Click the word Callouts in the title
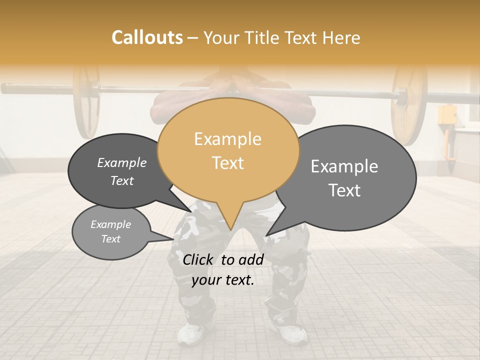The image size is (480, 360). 147,37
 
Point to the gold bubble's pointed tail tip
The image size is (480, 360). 230,229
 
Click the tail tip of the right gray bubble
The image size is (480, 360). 266,235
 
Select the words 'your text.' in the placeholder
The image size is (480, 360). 223,280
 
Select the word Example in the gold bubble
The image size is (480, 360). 227,139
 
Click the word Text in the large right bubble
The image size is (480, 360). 345,190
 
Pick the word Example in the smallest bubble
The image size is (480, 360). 110,224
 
